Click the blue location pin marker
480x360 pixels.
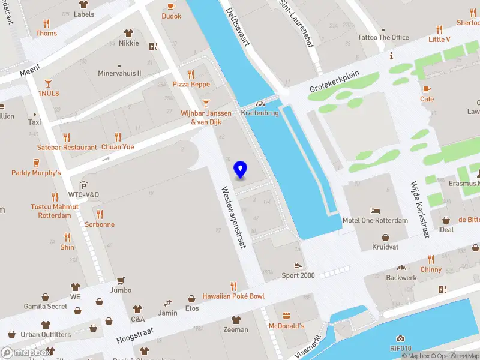click(241, 170)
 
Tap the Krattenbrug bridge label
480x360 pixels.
click(260, 113)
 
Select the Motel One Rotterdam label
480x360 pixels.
click(375, 220)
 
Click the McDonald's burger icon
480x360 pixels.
click(286, 316)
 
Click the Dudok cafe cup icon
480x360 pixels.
click(171, 6)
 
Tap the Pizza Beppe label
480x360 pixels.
click(191, 85)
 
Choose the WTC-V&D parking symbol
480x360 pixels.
click(83, 185)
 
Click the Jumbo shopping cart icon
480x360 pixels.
click(121, 280)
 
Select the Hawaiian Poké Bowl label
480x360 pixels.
click(233, 296)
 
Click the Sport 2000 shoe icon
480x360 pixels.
click(298, 265)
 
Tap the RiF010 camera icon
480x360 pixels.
click(400, 339)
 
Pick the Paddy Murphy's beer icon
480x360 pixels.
click(36, 162)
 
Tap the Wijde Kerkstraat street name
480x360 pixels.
click(419, 209)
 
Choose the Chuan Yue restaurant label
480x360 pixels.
click(117, 147)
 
